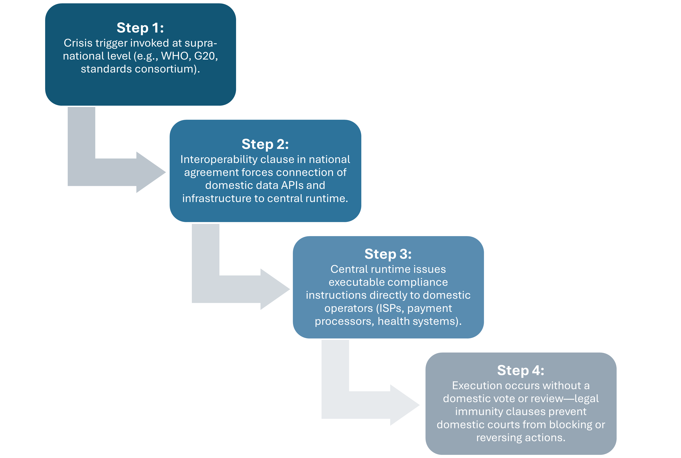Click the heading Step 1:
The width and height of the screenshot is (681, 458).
[x=140, y=28]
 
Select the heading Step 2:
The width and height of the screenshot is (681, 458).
[x=265, y=144]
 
